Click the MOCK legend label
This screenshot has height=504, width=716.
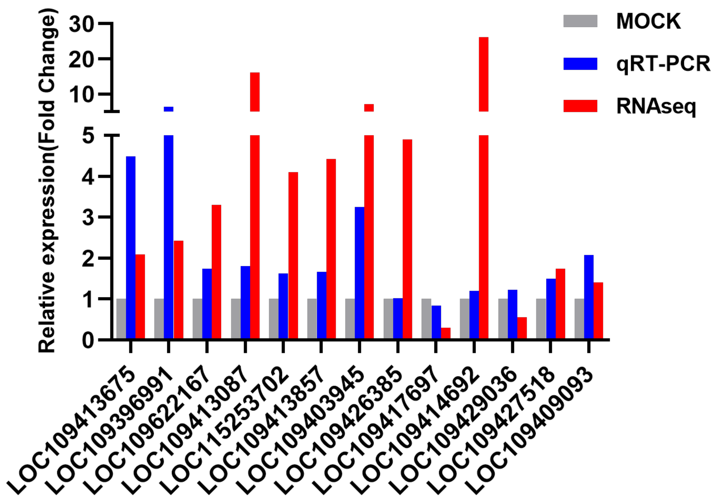coord(648,21)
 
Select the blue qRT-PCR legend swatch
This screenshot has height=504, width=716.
coord(580,64)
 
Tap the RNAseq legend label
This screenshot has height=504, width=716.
coord(656,106)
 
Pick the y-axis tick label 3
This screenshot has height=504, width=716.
coord(88,218)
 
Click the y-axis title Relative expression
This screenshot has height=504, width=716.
coord(48,181)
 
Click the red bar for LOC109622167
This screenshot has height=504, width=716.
coord(216,272)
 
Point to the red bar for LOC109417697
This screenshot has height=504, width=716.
coord(446,333)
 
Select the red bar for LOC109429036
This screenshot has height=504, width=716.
coord(522,328)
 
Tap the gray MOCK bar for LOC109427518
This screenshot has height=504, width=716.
coord(541,319)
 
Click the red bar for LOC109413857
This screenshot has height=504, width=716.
coord(331,249)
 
